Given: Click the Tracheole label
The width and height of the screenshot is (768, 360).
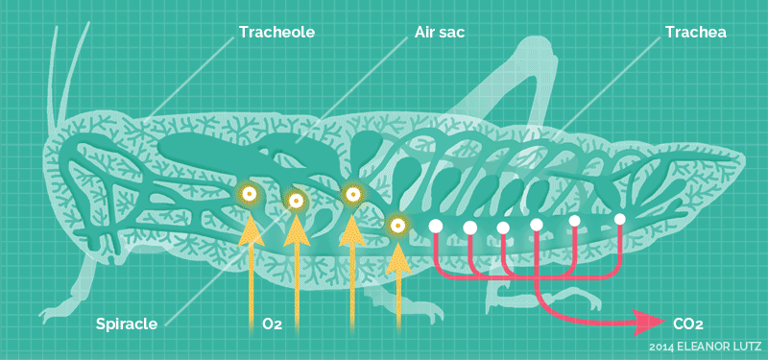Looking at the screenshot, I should (x=276, y=33).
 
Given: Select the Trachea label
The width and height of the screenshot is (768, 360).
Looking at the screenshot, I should (x=695, y=33).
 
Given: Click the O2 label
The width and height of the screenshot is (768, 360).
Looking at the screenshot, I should (x=272, y=324).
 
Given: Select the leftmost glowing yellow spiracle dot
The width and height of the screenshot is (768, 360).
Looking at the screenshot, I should (x=249, y=195).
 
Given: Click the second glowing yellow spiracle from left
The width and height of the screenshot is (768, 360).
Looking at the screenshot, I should (x=297, y=201).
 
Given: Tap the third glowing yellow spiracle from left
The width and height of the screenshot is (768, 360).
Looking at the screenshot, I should (x=352, y=194).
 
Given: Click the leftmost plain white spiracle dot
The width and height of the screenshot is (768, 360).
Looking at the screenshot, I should (x=435, y=226).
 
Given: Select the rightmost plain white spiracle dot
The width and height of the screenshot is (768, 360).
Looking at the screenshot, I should (x=620, y=219).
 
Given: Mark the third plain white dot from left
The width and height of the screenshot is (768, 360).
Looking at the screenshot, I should (x=503, y=228).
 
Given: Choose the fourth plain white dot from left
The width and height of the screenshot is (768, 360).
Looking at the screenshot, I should (x=537, y=225).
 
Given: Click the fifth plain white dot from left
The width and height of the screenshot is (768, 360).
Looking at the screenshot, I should (x=574, y=221).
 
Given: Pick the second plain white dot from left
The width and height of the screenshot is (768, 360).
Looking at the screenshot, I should (x=470, y=228).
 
